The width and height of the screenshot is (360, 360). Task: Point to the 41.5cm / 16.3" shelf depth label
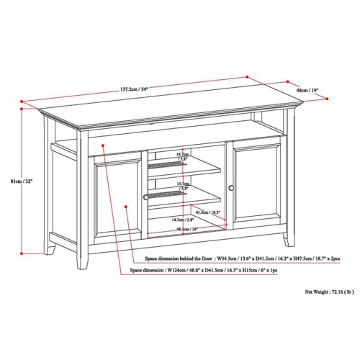[x=205, y=213]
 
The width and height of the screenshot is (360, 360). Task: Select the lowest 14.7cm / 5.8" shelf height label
[x=182, y=220]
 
